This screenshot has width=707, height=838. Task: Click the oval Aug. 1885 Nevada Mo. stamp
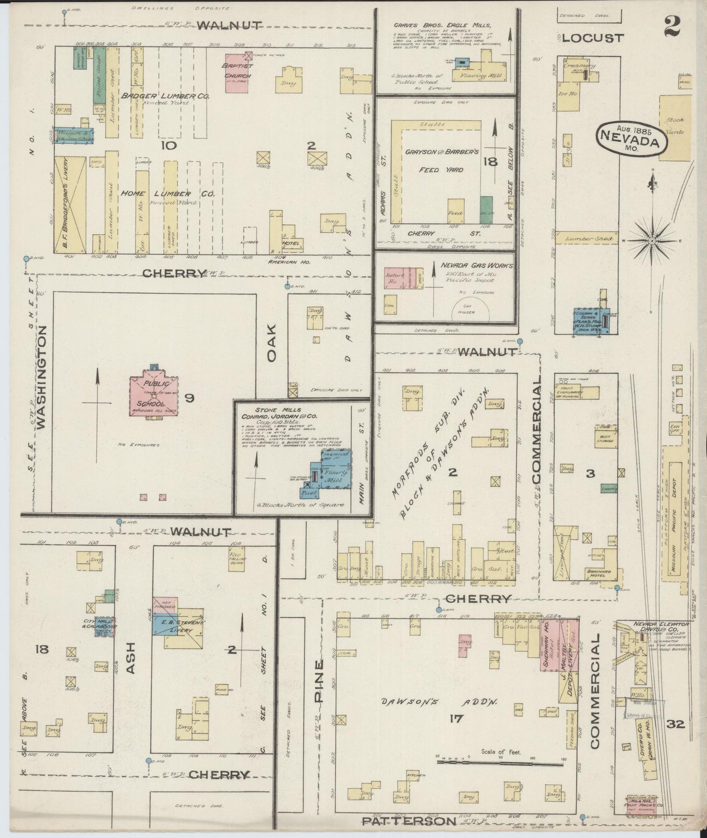(x=633, y=139)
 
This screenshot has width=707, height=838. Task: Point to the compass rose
(x=653, y=241)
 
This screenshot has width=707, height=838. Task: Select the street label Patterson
(x=409, y=821)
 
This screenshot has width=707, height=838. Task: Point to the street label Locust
(x=593, y=38)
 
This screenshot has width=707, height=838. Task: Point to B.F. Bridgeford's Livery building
(x=69, y=204)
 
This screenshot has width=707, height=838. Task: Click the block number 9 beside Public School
(x=189, y=398)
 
